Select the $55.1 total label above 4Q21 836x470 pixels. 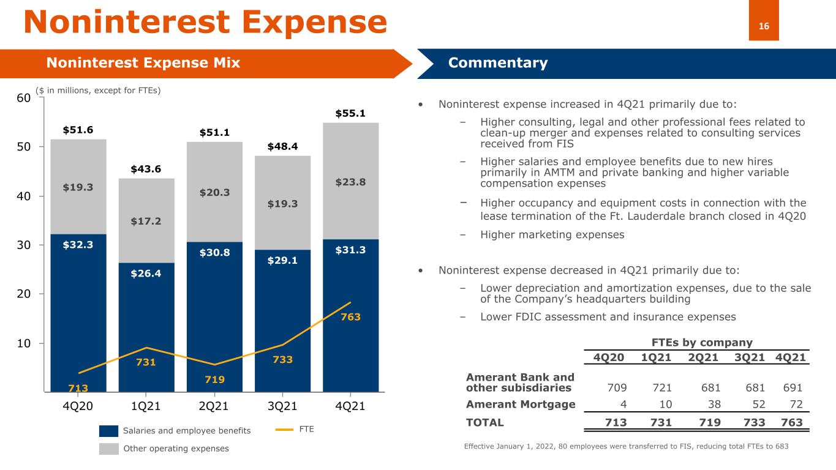[x=350, y=113]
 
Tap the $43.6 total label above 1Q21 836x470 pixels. [x=146, y=169]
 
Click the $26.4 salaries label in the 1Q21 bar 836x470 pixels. [x=146, y=274]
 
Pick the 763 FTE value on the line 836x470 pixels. [x=350, y=317]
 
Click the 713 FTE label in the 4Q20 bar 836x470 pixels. [x=78, y=388]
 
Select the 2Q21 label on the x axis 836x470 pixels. [x=214, y=406]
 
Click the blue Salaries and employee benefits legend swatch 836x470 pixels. [x=108, y=431]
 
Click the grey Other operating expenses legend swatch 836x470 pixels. [x=108, y=449]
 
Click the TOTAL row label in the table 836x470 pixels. [x=485, y=422]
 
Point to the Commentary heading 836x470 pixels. [x=498, y=63]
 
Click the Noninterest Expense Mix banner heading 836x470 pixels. [x=143, y=63]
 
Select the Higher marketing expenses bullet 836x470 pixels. [x=552, y=234]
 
